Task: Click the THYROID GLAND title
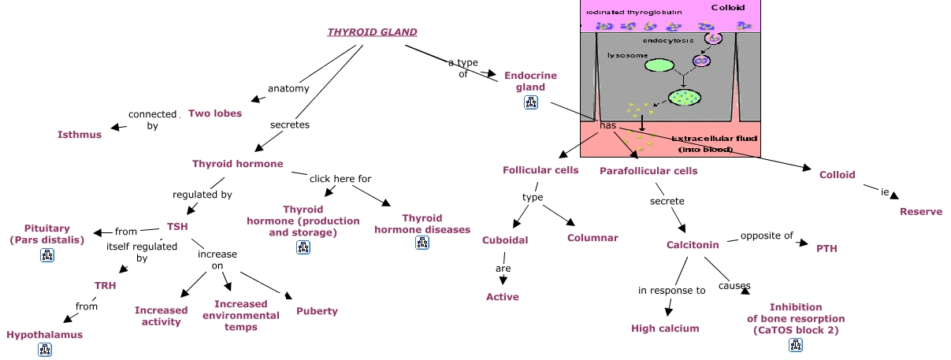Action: [x=372, y=32]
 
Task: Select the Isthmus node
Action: [x=80, y=134]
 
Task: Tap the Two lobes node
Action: [x=215, y=113]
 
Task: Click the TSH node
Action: [x=177, y=226]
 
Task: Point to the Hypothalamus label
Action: [x=44, y=334]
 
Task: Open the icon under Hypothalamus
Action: [x=44, y=349]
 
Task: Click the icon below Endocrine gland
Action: [x=530, y=102]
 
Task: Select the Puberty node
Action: [x=317, y=310]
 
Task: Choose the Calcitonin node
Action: [x=693, y=244]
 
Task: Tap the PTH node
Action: [x=827, y=248]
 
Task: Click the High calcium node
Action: [x=665, y=328]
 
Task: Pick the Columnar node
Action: [x=593, y=237]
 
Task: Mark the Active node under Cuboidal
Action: [x=503, y=296]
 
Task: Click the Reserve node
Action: [x=921, y=211]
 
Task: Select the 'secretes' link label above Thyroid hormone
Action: [x=290, y=124]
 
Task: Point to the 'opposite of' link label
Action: [x=766, y=236]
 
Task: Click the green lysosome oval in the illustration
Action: [x=660, y=65]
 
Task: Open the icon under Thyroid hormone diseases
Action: [x=422, y=243]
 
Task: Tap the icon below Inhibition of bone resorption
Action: [x=796, y=344]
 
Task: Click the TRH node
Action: [x=106, y=285]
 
